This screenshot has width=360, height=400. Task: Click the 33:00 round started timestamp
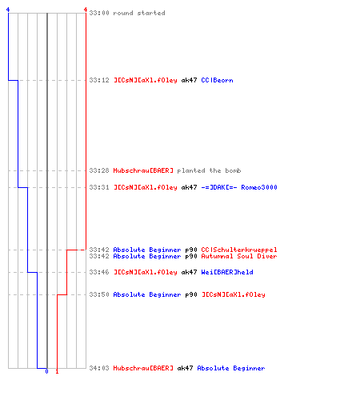tap(99, 13)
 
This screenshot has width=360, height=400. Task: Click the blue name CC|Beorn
tap(217, 80)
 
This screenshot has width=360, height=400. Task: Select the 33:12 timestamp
tap(99, 80)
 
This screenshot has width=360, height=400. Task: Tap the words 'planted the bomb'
tap(209, 170)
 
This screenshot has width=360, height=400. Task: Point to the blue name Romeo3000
tap(259, 187)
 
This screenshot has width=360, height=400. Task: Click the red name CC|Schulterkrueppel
tap(239, 250)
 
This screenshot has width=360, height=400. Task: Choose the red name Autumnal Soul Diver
tap(239, 256)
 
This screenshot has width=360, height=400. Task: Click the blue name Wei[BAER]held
tap(227, 272)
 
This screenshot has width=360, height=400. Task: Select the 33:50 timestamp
tap(99, 294)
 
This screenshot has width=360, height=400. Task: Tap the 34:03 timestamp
tap(99, 368)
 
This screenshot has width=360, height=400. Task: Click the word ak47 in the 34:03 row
tap(185, 368)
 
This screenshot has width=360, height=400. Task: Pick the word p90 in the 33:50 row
tap(191, 294)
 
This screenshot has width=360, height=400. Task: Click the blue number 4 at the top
tap(8, 10)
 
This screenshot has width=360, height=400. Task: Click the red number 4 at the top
tap(86, 10)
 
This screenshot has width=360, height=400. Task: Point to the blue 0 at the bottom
tap(46, 371)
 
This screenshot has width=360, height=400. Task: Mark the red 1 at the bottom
tap(57, 371)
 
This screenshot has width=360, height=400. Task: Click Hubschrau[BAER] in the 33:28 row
tap(143, 170)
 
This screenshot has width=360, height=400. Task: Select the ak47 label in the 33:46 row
tap(189, 272)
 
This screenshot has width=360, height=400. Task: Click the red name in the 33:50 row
tap(234, 294)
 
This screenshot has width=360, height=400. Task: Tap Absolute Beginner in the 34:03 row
tap(231, 368)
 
